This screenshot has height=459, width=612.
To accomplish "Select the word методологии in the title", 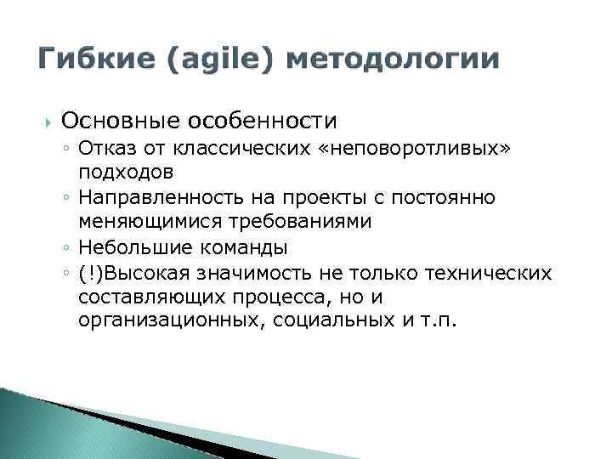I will click(394, 60).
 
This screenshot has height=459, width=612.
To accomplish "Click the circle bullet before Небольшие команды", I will click(66, 248).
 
